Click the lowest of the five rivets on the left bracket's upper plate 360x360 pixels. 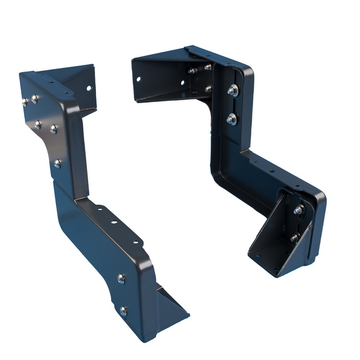click(x=58, y=163)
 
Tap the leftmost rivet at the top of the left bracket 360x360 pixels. click(x=25, y=102)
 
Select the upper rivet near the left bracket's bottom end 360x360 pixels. click(x=121, y=278)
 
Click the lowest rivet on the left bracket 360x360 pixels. click(x=123, y=311)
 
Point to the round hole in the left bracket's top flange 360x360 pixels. click(x=88, y=88)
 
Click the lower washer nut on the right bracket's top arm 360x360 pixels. click(x=232, y=119)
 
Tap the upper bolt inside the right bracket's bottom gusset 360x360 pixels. click(x=298, y=210)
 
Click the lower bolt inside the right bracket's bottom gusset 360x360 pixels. click(x=295, y=238)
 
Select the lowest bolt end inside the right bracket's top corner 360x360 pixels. click(x=208, y=89)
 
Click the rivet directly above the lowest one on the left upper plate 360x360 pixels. click(x=54, y=129)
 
